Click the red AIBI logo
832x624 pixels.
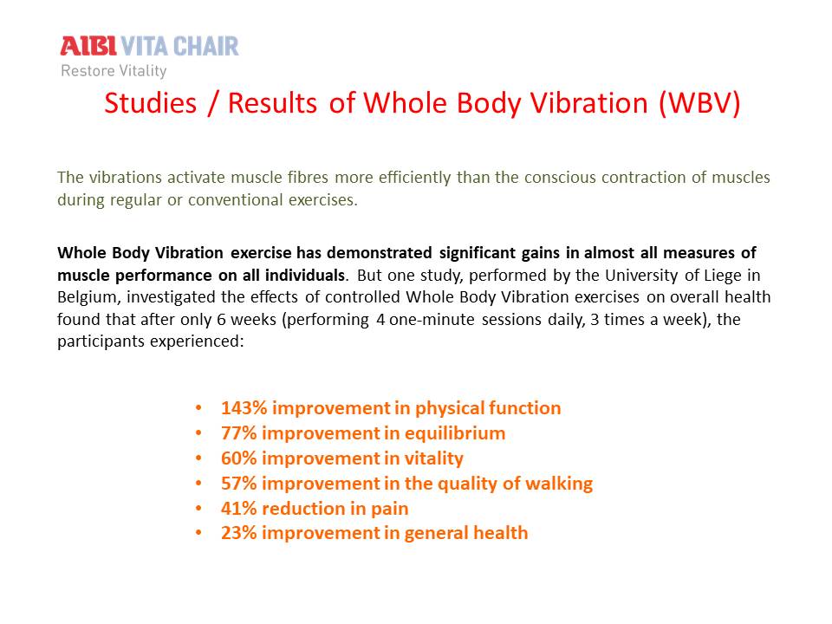point(88,46)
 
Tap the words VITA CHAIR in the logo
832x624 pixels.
point(180,46)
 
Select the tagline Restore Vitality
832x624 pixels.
point(114,70)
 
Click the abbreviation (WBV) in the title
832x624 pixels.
point(699,103)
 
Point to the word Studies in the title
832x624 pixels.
point(150,103)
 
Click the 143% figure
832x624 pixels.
point(244,407)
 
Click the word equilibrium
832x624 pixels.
point(455,433)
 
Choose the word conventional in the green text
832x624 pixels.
point(236,200)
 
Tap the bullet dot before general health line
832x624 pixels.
point(198,532)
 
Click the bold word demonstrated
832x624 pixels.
point(379,252)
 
